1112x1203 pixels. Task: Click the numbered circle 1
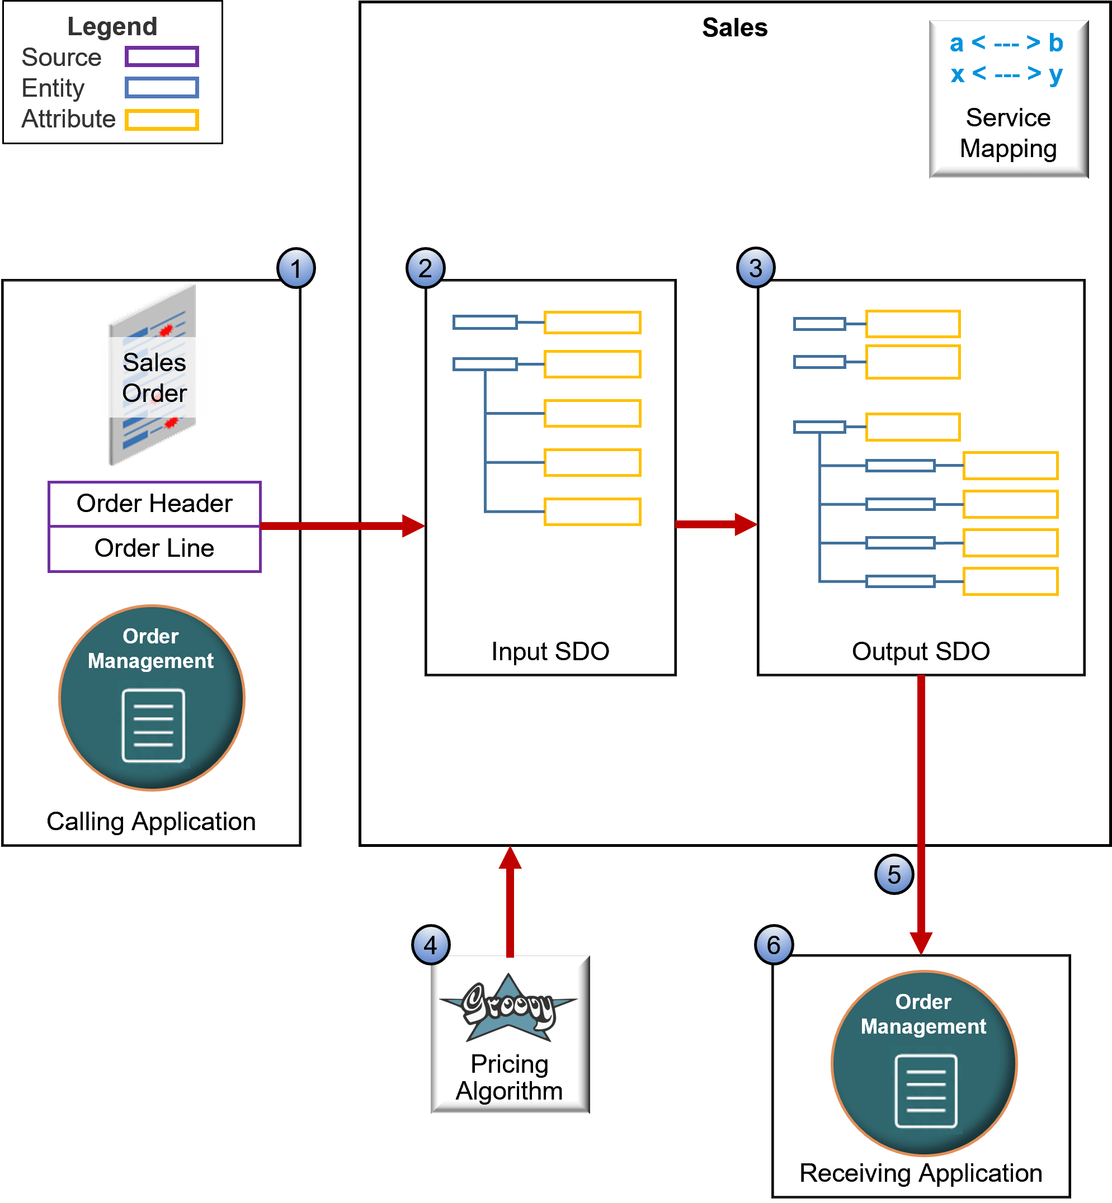coord(295,268)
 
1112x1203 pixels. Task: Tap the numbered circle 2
coord(426,268)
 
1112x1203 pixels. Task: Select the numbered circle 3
coord(756,268)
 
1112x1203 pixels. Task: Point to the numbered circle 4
coord(431,945)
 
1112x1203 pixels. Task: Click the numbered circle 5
coord(894,875)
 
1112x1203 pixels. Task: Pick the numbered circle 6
coord(774,945)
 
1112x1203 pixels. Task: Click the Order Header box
coord(154,504)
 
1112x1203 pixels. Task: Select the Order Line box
coord(154,548)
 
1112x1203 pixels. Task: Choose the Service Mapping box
coord(1009,100)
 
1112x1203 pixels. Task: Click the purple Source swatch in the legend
coord(162,57)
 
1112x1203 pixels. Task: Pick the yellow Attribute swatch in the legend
coord(162,120)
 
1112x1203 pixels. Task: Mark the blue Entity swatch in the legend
coord(162,88)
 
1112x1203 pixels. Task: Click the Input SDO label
coord(550,651)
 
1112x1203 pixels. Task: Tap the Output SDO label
coord(921,651)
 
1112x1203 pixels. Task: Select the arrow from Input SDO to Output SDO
coord(715,524)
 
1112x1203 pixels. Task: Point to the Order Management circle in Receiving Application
coord(923,1063)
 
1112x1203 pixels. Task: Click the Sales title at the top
coord(735,27)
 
